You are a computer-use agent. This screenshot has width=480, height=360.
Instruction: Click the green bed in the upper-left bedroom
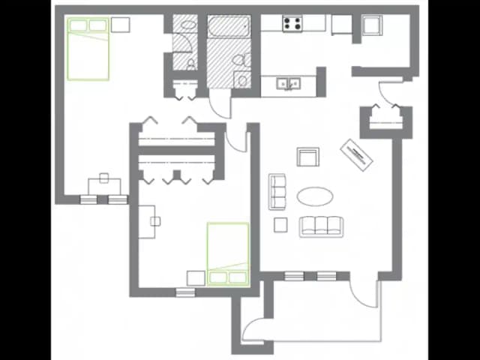pyautogui.click(x=88, y=48)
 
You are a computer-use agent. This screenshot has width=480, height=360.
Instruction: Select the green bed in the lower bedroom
pyautogui.click(x=228, y=254)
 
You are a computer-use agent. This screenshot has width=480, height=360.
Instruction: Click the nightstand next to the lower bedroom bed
pyautogui.click(x=196, y=277)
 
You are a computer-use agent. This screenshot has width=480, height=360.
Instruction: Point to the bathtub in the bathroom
pyautogui.click(x=228, y=26)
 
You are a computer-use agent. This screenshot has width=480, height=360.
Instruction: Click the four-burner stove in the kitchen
pyautogui.click(x=292, y=23)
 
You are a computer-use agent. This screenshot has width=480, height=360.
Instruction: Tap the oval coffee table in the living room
pyautogui.click(x=315, y=196)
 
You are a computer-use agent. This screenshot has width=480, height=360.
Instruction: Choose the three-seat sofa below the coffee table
pyautogui.click(x=321, y=226)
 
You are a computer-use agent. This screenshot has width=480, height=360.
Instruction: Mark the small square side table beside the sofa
pyautogui.click(x=280, y=223)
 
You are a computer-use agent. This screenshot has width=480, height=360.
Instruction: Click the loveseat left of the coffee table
pyautogui.click(x=277, y=191)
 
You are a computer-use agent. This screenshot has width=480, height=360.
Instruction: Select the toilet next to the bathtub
pyautogui.click(x=239, y=60)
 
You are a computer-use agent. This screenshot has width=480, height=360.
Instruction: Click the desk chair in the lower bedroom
pyautogui.click(x=155, y=220)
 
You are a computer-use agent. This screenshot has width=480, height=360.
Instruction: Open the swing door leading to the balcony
pyautogui.click(x=367, y=292)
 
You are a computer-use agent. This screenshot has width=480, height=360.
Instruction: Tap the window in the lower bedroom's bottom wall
pyautogui.click(x=185, y=292)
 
